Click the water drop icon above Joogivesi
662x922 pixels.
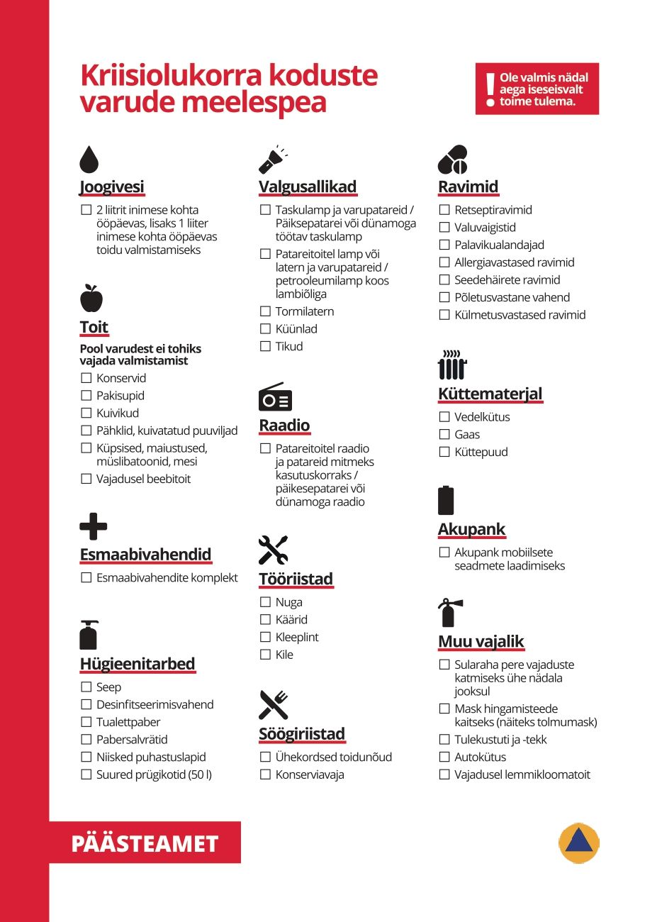click(x=89, y=160)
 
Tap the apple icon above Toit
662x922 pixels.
click(x=91, y=298)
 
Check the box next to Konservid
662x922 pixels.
click(x=86, y=378)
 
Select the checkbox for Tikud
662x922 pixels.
click(x=266, y=346)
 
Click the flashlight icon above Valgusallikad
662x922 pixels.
click(x=273, y=160)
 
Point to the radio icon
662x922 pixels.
click(x=275, y=398)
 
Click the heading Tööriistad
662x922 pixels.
click(x=296, y=579)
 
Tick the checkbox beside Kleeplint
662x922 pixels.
click(x=266, y=637)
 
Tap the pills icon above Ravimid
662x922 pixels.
click(x=453, y=160)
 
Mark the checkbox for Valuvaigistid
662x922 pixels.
click(x=444, y=228)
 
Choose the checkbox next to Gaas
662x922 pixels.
click(x=444, y=435)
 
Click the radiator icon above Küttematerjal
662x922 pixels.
click(x=452, y=365)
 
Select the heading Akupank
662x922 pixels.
click(x=471, y=529)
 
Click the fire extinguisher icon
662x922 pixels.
click(x=449, y=613)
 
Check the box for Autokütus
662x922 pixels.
click(x=444, y=757)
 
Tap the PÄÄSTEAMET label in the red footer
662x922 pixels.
click(x=145, y=843)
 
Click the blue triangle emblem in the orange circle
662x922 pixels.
click(x=579, y=843)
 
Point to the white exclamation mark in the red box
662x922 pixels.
click(x=489, y=89)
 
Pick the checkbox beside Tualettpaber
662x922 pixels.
click(x=86, y=722)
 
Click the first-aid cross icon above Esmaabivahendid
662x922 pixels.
click(x=93, y=526)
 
